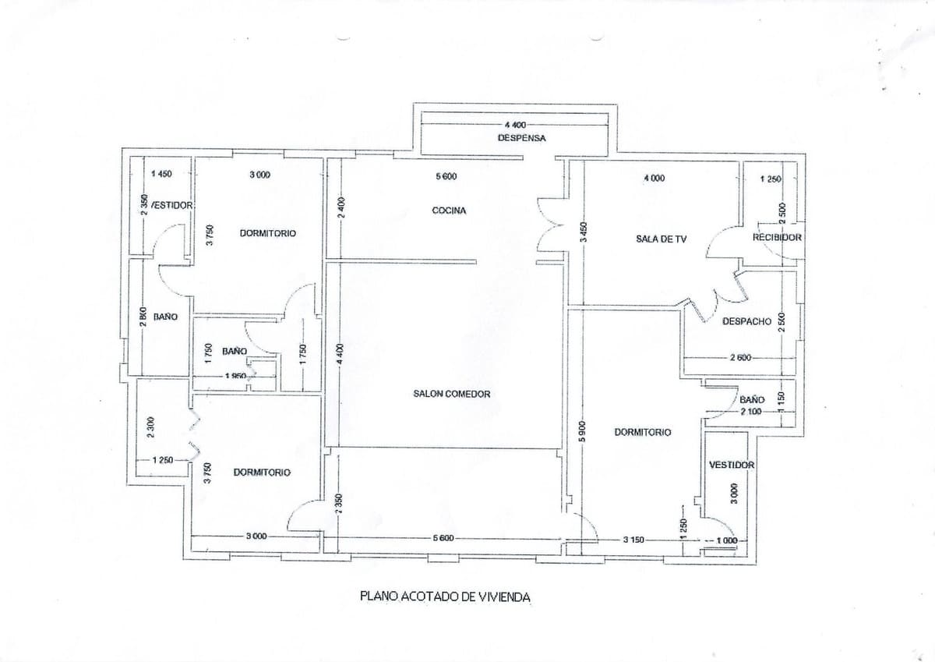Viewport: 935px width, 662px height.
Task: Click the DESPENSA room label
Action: pos(521,137)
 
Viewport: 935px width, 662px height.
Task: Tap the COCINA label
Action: pos(449,211)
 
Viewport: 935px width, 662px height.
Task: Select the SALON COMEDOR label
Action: pos(452,394)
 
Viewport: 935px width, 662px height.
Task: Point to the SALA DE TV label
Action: pos(661,239)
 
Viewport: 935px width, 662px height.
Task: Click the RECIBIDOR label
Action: pos(776,237)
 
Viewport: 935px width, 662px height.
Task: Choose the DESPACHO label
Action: pos(746,321)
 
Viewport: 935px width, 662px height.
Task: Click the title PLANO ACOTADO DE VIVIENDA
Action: pos(445,597)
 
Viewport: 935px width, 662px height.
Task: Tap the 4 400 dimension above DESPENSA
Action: pos(516,125)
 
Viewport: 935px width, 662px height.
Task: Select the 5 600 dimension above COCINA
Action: pos(446,177)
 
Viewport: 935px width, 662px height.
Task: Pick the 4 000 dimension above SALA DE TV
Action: pos(654,179)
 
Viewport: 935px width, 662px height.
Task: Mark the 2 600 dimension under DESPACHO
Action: pos(740,358)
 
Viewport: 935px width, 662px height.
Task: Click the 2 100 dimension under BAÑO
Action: pos(751,410)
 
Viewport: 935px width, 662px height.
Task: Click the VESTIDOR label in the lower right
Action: pos(732,465)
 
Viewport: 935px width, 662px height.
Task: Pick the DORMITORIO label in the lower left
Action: pos(262,473)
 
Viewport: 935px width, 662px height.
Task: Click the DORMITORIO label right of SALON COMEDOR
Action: pos(643,431)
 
